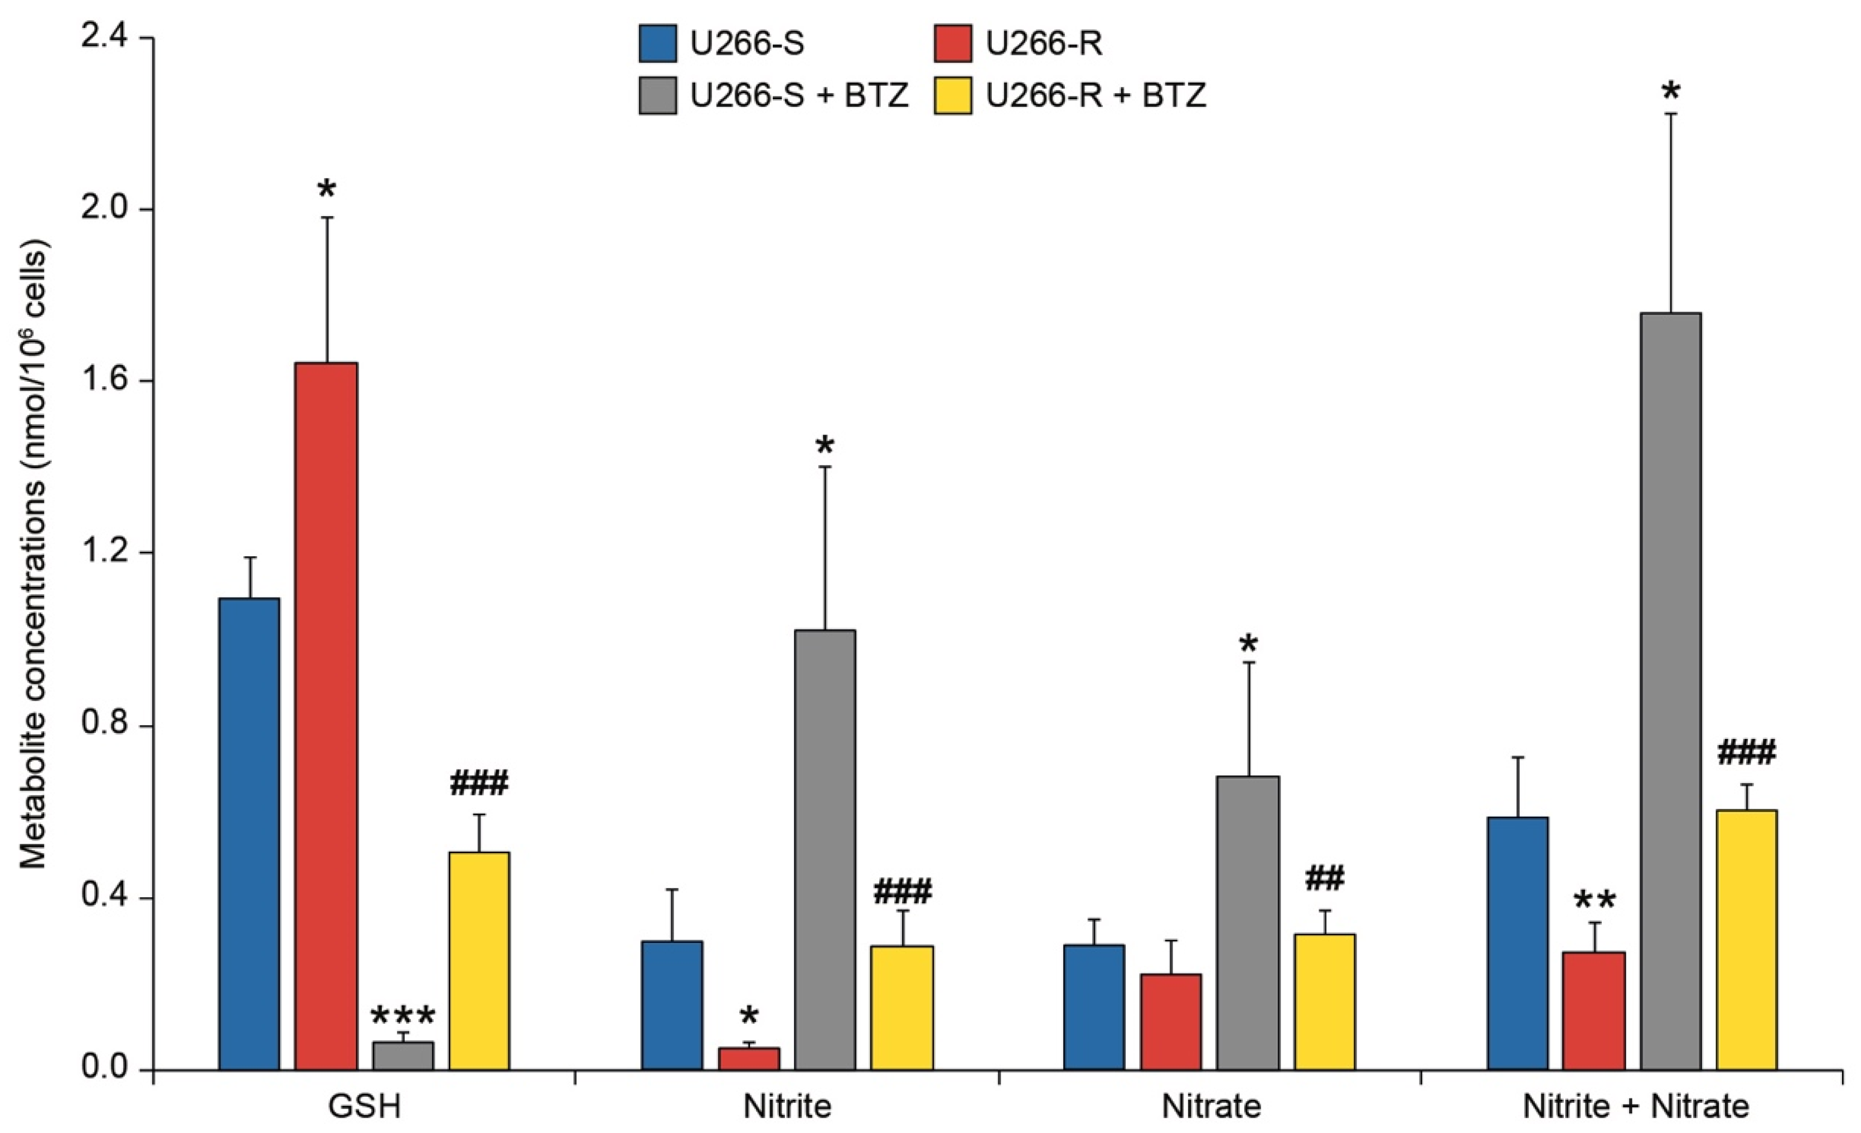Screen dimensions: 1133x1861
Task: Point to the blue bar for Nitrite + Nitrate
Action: pyautogui.click(x=1518, y=944)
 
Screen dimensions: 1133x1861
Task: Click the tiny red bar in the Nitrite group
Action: pyautogui.click(x=749, y=1058)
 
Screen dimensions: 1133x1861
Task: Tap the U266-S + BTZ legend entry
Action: pyautogui.click(x=799, y=96)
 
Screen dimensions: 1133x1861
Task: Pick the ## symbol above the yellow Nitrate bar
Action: pyautogui.click(x=1325, y=879)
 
